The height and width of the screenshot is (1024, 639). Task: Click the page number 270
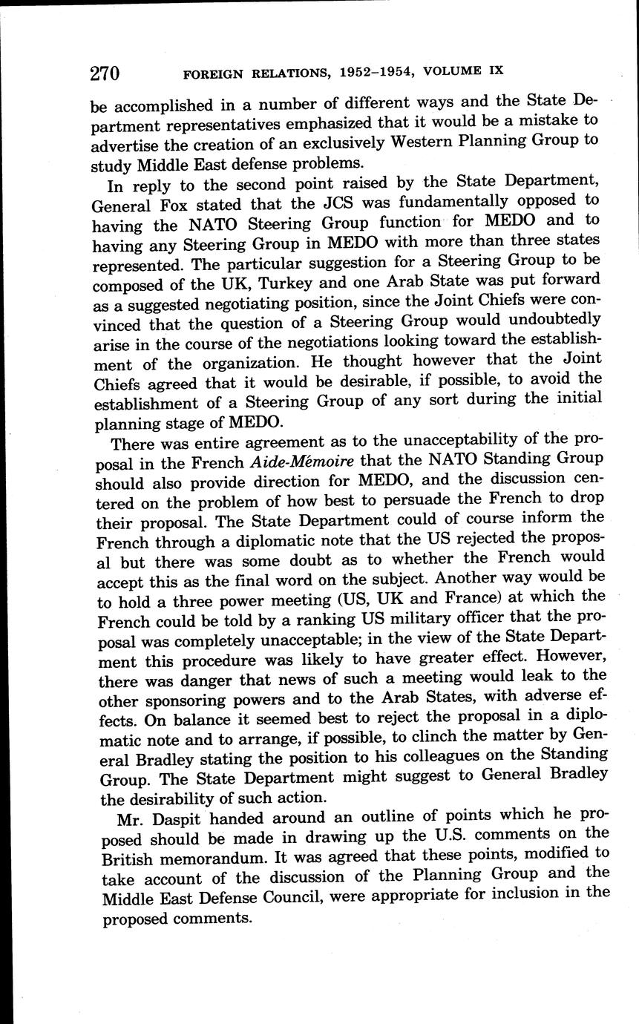click(x=104, y=73)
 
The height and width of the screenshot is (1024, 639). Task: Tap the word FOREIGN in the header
click(x=211, y=73)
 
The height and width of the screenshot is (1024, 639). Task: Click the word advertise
click(x=128, y=142)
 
